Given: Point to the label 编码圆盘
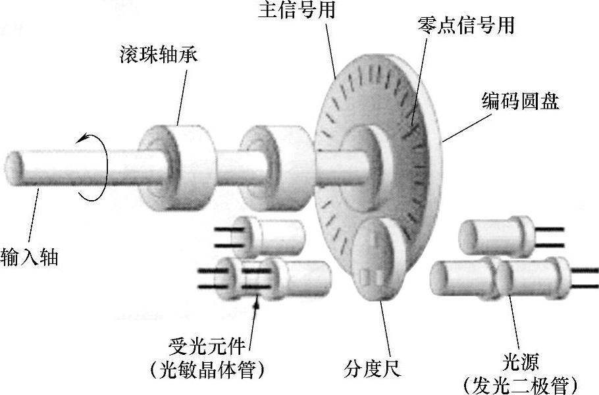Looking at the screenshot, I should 519,103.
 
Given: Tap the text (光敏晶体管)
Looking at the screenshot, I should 207,370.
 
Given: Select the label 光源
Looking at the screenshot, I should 520,361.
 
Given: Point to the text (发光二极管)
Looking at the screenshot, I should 520,384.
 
